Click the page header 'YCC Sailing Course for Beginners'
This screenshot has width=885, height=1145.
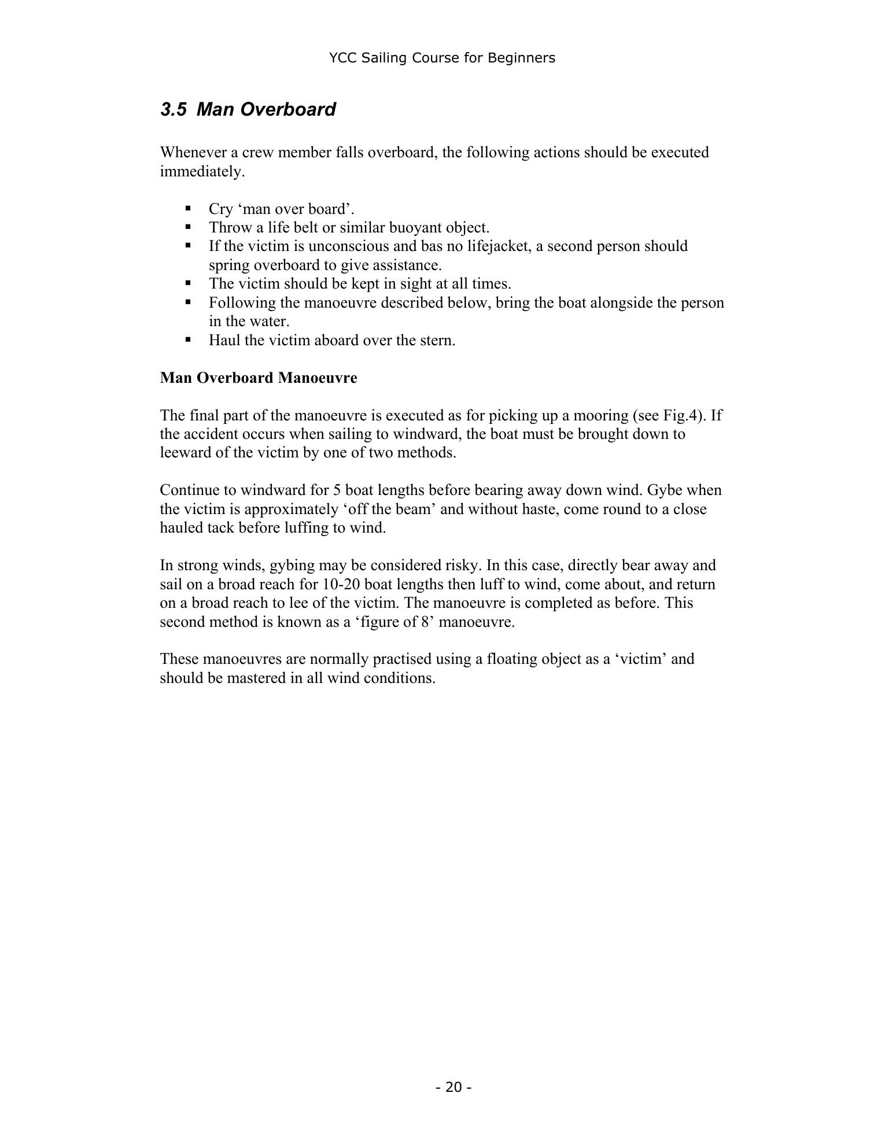[442, 58]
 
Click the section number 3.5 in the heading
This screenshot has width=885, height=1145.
[173, 109]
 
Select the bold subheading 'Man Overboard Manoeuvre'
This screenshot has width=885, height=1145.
[259, 378]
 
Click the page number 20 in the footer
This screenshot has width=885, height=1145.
[454, 1087]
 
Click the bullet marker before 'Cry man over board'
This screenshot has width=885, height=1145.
[188, 208]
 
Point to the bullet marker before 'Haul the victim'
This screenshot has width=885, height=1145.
[188, 339]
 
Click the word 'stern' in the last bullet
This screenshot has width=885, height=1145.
[438, 340]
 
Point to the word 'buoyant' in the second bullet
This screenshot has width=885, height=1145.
[414, 227]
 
